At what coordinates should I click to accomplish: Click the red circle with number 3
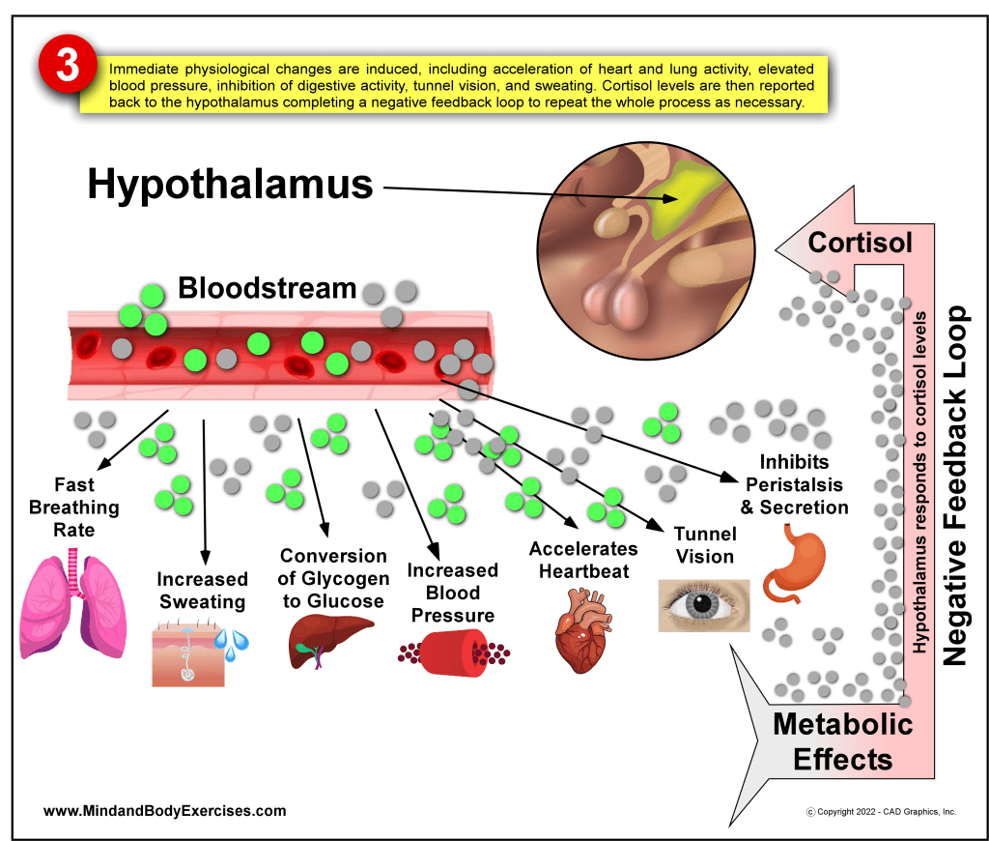(66, 67)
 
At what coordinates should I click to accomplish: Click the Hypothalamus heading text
(230, 184)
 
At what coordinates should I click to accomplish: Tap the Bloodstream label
(267, 288)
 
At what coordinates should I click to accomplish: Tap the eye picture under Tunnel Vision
(703, 605)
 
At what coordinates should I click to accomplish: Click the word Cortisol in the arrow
(860, 243)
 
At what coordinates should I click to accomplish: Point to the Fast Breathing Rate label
(73, 507)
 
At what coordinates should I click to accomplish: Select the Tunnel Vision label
(704, 545)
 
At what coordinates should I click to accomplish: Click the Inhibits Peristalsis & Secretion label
(794, 485)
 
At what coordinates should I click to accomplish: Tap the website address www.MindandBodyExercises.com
(165, 811)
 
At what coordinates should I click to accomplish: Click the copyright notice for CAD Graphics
(880, 812)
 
